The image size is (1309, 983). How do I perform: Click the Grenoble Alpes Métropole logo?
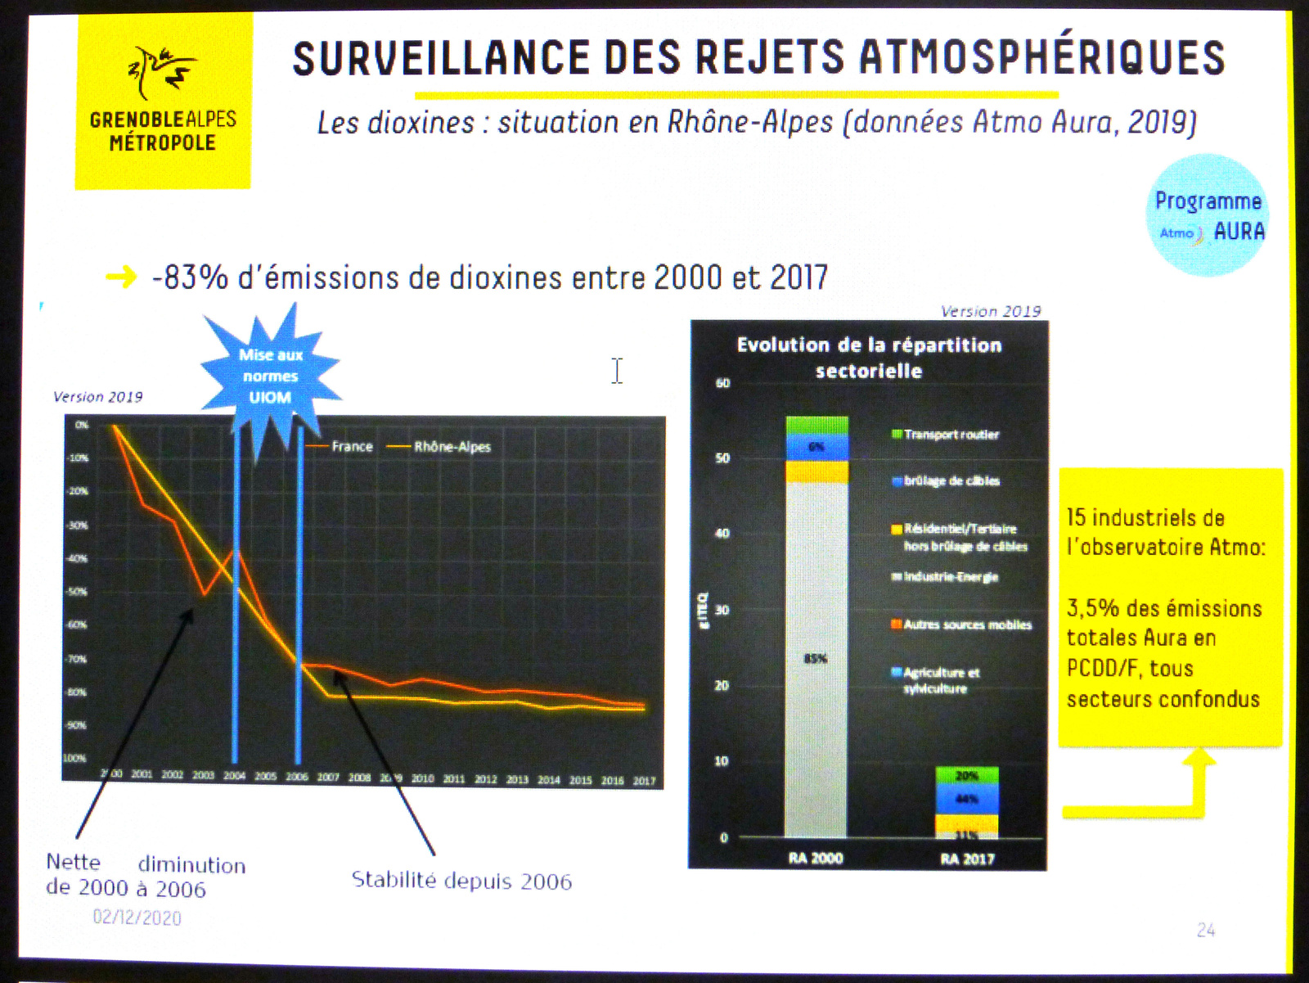(163, 101)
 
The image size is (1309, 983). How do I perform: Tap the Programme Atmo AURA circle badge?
(1208, 215)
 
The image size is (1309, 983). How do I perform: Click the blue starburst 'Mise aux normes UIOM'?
(271, 377)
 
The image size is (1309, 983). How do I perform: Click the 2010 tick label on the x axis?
(423, 778)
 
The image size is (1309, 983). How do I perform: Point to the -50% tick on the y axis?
(77, 591)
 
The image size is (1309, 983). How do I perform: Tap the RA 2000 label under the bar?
(816, 858)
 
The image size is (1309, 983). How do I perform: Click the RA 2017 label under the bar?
(967, 859)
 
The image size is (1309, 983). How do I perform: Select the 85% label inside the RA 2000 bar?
(816, 658)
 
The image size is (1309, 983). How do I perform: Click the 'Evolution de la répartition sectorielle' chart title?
(869, 358)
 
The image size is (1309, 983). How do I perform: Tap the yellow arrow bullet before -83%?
(121, 277)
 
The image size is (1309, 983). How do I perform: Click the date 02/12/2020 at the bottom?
(137, 917)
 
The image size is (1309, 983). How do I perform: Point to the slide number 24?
(1205, 930)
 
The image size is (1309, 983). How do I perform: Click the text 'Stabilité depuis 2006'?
(461, 881)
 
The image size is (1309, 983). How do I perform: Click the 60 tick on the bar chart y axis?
(723, 383)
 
